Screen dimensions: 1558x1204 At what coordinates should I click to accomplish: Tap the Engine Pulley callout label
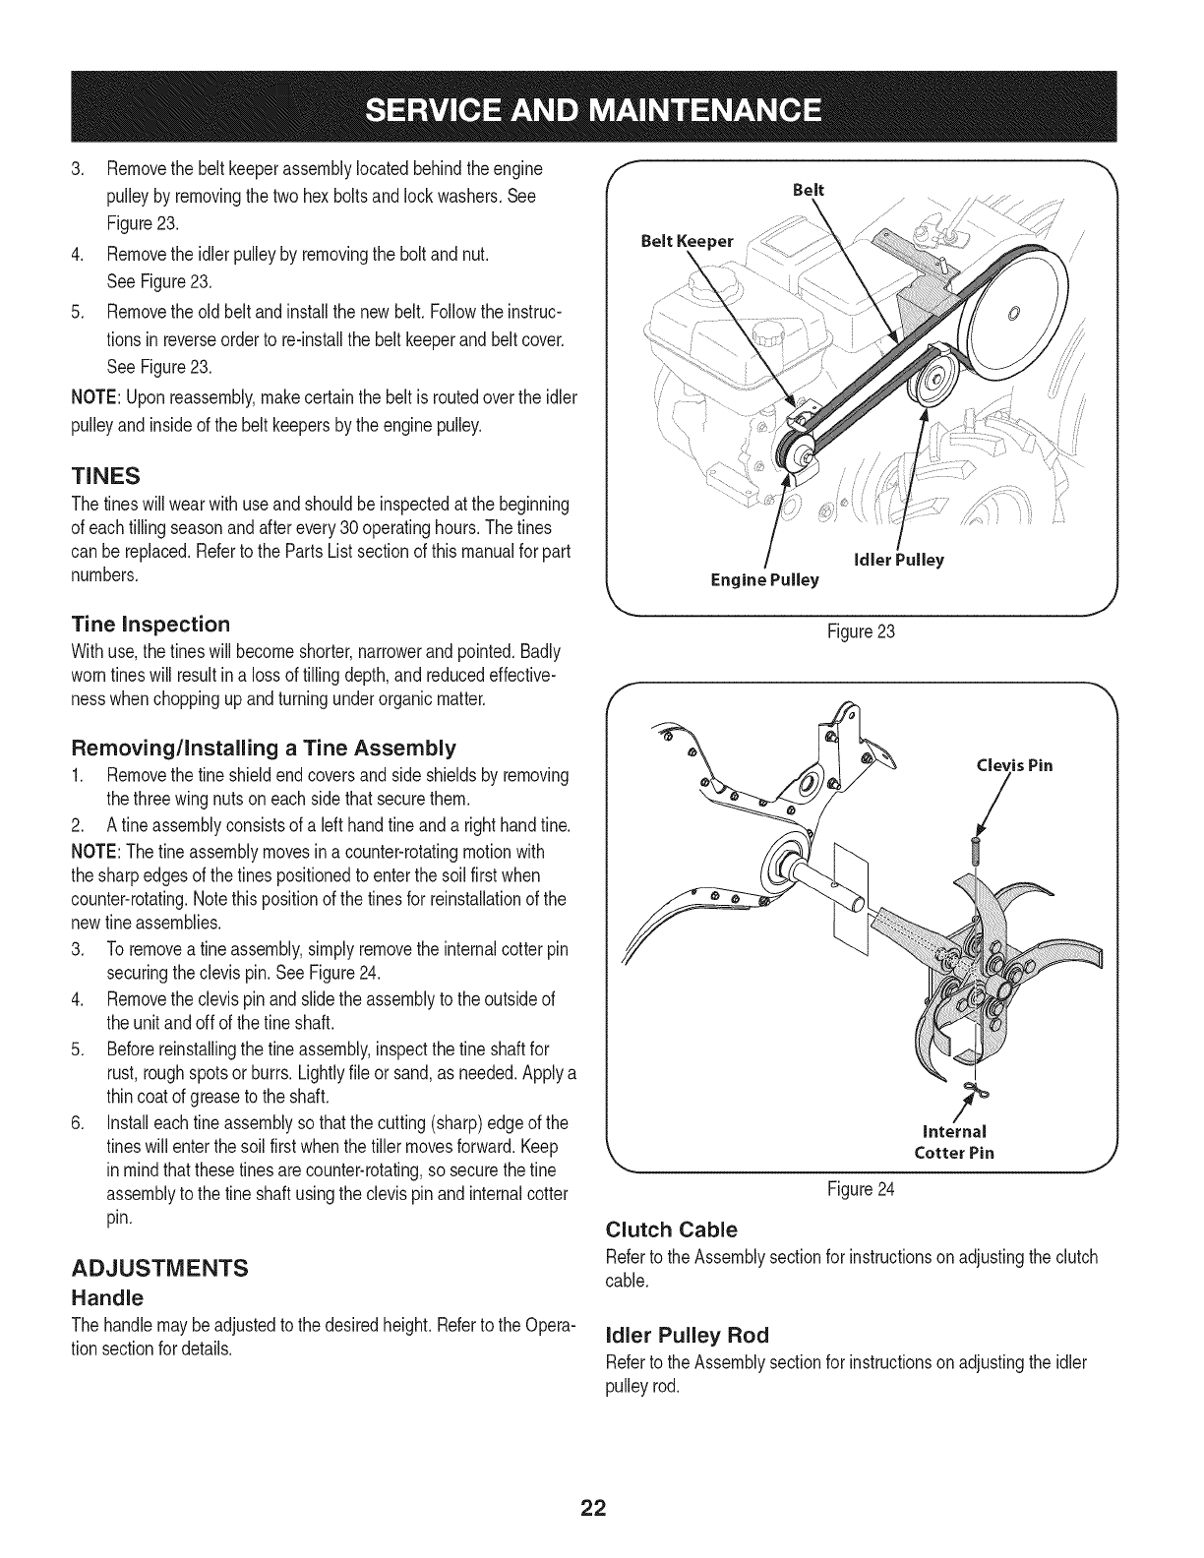(x=764, y=580)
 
